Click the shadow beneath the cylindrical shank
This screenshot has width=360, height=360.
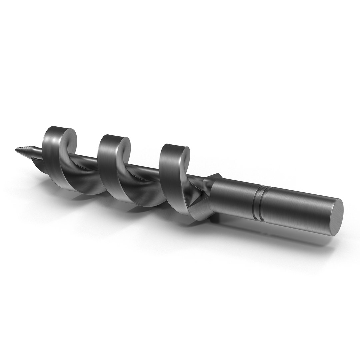283,237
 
